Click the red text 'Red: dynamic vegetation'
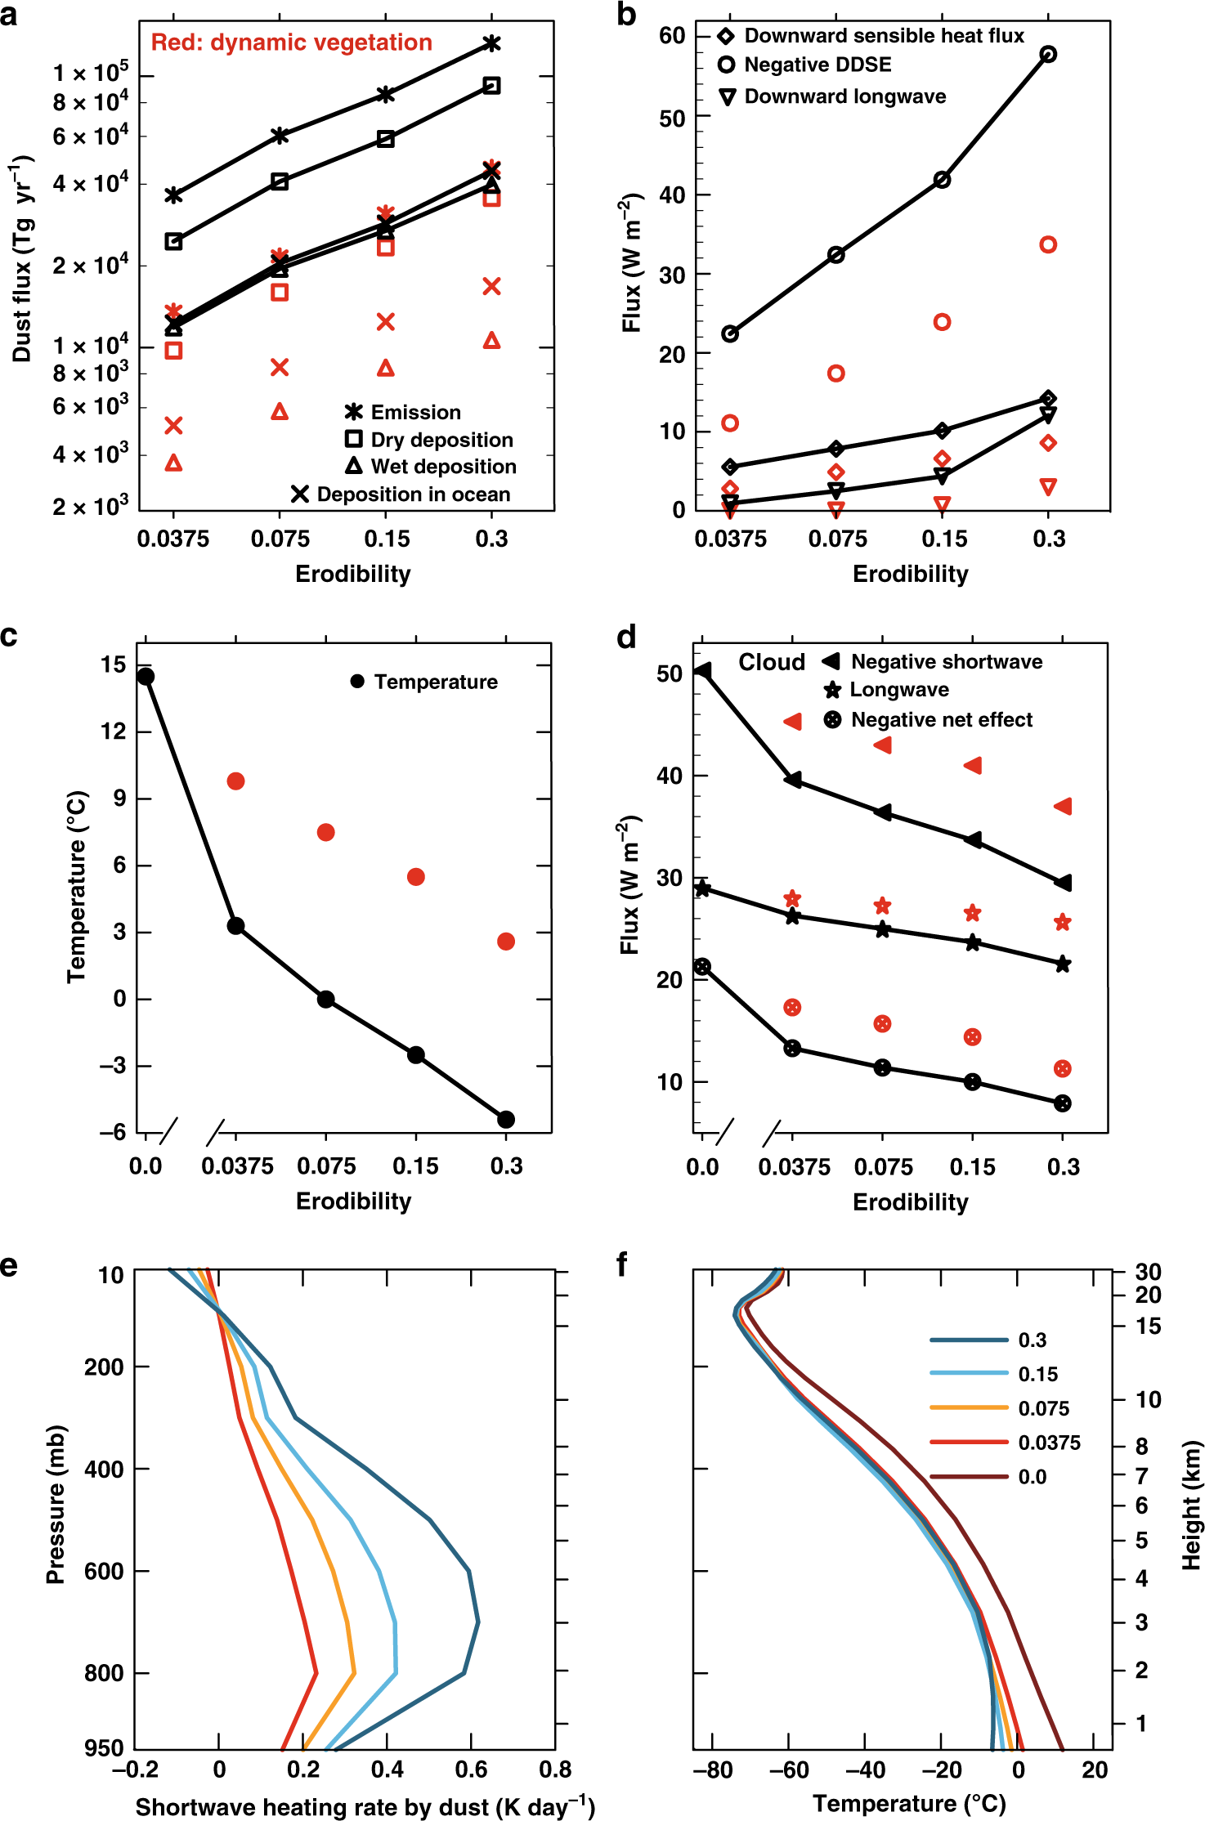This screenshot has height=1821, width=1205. pyautogui.click(x=291, y=43)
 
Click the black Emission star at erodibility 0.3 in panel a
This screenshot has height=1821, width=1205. pyautogui.click(x=491, y=43)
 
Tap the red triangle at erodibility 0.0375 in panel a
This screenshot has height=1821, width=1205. pyautogui.click(x=173, y=463)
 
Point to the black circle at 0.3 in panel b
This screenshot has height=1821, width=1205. pyautogui.click(x=1048, y=55)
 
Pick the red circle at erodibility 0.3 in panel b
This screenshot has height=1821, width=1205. pyautogui.click(x=1048, y=244)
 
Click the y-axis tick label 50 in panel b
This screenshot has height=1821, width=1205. pyautogui.click(x=672, y=119)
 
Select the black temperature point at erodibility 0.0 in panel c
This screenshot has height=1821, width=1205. pyautogui.click(x=146, y=677)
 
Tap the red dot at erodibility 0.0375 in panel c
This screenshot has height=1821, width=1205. pyautogui.click(x=235, y=781)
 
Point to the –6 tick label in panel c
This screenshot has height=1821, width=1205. pyautogui.click(x=113, y=1132)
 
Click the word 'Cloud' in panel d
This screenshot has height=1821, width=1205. pyautogui.click(x=772, y=662)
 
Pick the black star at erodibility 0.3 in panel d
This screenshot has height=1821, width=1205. pyautogui.click(x=1062, y=964)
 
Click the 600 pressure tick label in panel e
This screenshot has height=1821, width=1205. pyautogui.click(x=105, y=1571)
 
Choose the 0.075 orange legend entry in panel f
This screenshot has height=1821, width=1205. pyautogui.click(x=1043, y=1408)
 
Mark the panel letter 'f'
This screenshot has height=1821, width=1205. pyautogui.click(x=622, y=1265)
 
